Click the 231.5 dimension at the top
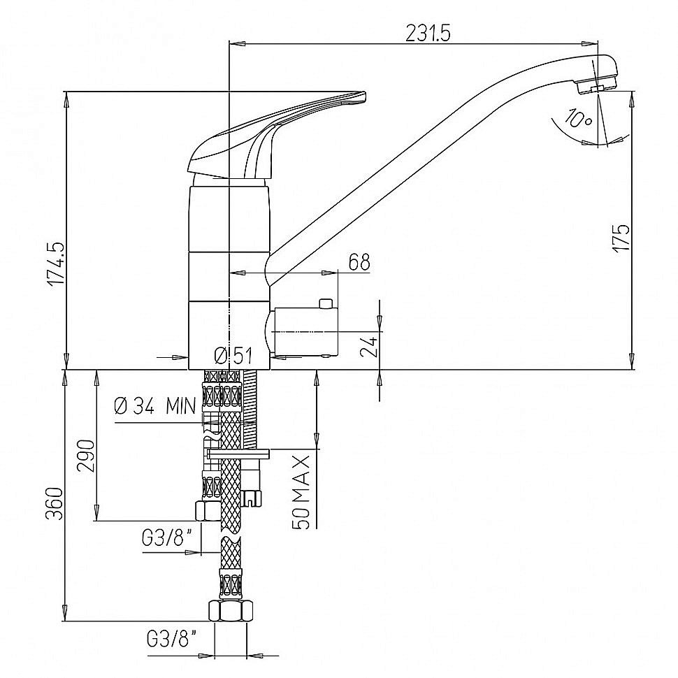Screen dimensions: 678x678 click(428, 33)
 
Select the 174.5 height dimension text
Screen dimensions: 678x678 click(56, 264)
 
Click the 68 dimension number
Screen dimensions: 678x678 click(359, 262)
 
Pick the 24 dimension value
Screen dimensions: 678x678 click(369, 346)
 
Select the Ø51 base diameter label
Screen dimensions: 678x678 click(233, 356)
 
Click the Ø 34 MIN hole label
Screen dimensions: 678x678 click(155, 407)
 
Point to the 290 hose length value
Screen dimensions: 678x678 click(85, 456)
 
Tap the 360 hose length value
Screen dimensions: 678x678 click(55, 503)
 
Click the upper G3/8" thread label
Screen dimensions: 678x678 click(166, 539)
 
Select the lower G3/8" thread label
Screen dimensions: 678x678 click(172, 639)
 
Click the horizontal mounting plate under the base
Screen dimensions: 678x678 click(238, 453)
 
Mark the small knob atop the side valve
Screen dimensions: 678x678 click(325, 303)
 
